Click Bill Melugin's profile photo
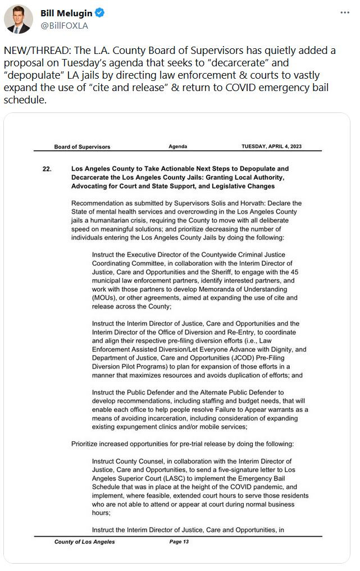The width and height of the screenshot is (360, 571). click(x=19, y=20)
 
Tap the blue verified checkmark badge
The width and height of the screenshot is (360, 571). click(x=98, y=13)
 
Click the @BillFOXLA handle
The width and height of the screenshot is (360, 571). click(x=64, y=25)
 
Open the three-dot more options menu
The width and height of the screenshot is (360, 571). click(x=344, y=13)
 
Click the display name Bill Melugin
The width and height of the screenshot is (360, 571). click(x=66, y=13)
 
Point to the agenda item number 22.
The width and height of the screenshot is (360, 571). click(x=47, y=169)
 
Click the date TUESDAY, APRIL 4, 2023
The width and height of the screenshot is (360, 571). click(x=271, y=147)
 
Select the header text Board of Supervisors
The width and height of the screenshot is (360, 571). click(x=82, y=147)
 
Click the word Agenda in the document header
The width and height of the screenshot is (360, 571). click(x=178, y=147)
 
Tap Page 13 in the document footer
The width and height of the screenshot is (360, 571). click(x=179, y=542)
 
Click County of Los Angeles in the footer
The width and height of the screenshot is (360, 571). click(x=85, y=542)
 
